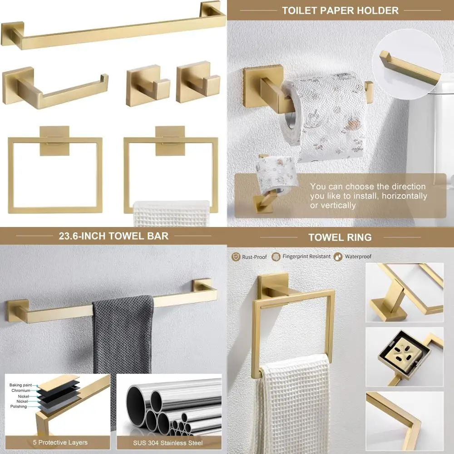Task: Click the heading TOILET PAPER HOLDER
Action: tap(340, 10)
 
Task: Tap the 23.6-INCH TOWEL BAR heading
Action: tap(113, 236)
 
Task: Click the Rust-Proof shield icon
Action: tap(236, 257)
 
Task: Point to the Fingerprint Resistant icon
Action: tap(276, 257)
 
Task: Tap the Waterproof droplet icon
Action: tap(339, 257)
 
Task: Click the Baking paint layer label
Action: tap(20, 385)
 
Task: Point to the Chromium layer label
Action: tap(21, 390)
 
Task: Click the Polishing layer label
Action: tap(19, 407)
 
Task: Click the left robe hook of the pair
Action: tap(148, 84)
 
